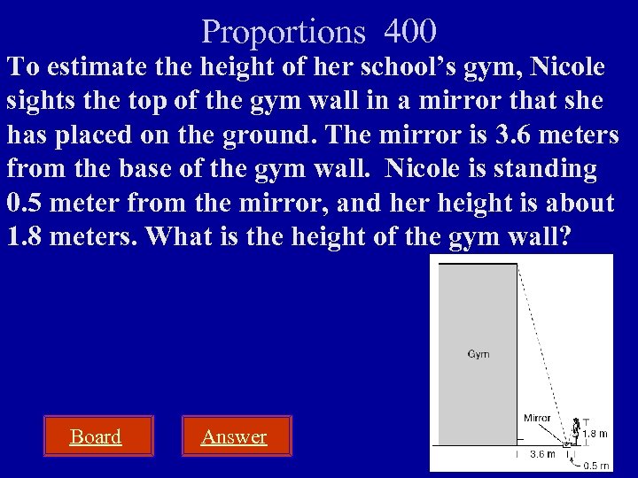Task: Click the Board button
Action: (x=96, y=436)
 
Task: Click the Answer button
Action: (x=234, y=436)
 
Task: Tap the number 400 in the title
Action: (x=410, y=32)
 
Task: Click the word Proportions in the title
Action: (x=283, y=33)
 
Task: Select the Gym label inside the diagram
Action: (x=478, y=354)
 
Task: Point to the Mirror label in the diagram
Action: (x=537, y=418)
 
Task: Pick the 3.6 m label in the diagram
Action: (x=542, y=454)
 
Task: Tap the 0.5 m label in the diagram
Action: (x=596, y=465)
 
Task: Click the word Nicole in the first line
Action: (x=563, y=67)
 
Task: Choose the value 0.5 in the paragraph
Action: (x=24, y=204)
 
